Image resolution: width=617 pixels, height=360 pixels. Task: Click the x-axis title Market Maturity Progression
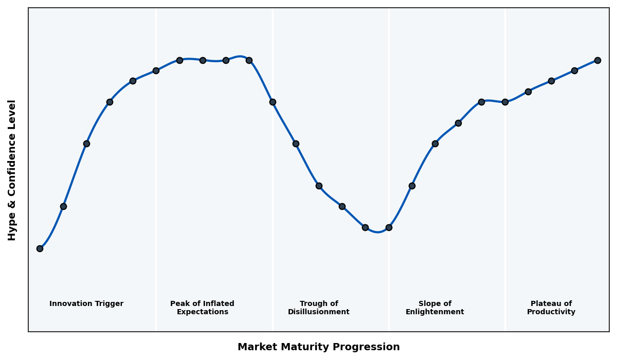tap(318, 347)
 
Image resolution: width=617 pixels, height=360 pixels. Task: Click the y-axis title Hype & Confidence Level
tap(12, 170)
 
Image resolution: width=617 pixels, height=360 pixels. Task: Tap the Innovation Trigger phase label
tap(86, 304)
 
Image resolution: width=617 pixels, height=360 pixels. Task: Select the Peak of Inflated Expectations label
tap(202, 308)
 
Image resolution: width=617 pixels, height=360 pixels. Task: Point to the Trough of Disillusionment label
tap(318, 308)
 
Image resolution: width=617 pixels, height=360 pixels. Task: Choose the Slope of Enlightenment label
tap(434, 308)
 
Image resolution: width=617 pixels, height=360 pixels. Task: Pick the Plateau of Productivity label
tap(551, 308)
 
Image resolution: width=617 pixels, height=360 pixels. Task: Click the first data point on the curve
tap(40, 248)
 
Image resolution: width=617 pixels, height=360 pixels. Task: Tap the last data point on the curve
tap(597, 60)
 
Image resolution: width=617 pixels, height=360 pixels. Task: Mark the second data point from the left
tap(63, 206)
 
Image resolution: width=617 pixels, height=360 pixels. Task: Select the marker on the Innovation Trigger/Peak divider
tap(156, 70)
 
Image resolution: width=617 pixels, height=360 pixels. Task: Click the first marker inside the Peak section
tap(179, 60)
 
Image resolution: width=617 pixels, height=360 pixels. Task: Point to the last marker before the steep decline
tap(249, 60)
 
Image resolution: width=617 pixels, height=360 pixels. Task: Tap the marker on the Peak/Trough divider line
tap(273, 102)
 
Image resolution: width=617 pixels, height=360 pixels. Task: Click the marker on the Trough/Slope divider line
tap(389, 227)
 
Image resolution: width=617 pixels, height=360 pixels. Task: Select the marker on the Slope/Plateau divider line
tap(505, 102)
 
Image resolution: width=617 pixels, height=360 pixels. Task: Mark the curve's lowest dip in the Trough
tap(378, 232)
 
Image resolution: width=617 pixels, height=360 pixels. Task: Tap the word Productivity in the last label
tap(551, 312)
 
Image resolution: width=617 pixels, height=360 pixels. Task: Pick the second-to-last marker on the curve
tap(574, 70)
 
